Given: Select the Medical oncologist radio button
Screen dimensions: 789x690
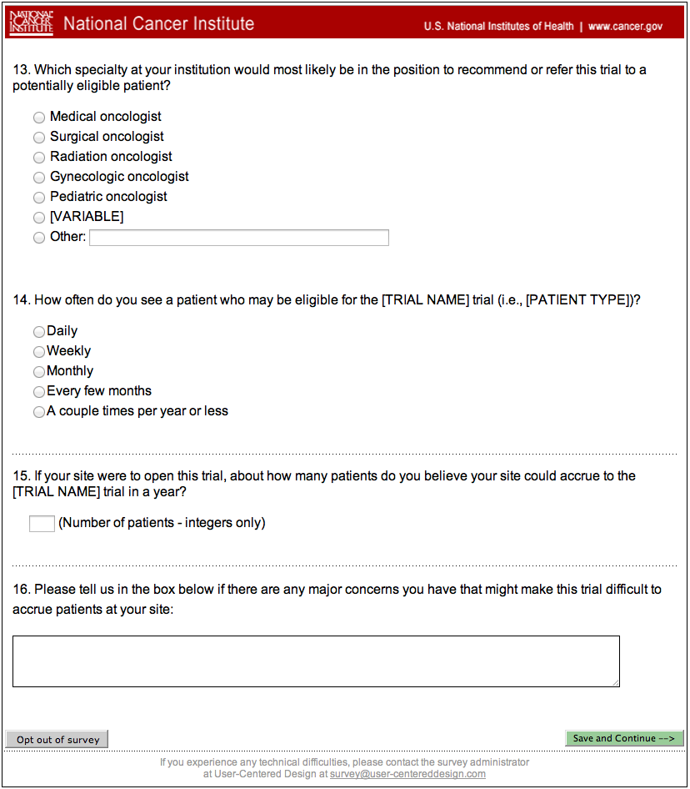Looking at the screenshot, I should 39,118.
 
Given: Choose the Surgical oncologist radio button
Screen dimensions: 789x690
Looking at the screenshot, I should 39,138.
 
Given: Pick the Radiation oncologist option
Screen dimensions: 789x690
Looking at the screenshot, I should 39,158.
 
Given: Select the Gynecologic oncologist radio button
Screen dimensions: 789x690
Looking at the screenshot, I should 39,178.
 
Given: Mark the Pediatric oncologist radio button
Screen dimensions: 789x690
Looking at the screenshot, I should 39,198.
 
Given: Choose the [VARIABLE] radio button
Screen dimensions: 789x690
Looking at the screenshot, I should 39,218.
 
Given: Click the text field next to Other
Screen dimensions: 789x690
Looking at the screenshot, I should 239,238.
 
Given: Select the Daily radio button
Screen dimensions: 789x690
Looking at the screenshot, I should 39,332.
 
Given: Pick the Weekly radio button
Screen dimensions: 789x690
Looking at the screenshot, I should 39,352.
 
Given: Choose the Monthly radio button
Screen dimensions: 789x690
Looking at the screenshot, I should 39,372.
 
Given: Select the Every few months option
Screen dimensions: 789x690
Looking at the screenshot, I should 39,392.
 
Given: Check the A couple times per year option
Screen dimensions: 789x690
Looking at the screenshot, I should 39,412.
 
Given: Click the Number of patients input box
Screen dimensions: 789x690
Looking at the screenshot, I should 42,524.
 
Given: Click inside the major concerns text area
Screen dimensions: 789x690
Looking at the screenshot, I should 316,661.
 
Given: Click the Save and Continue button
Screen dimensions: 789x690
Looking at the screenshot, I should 624,738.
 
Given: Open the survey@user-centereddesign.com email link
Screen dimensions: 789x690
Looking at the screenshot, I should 407,774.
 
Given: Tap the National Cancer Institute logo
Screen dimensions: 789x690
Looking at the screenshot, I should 31,23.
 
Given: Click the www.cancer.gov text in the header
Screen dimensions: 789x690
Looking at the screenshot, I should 625,26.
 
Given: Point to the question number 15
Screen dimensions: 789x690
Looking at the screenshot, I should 21,476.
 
